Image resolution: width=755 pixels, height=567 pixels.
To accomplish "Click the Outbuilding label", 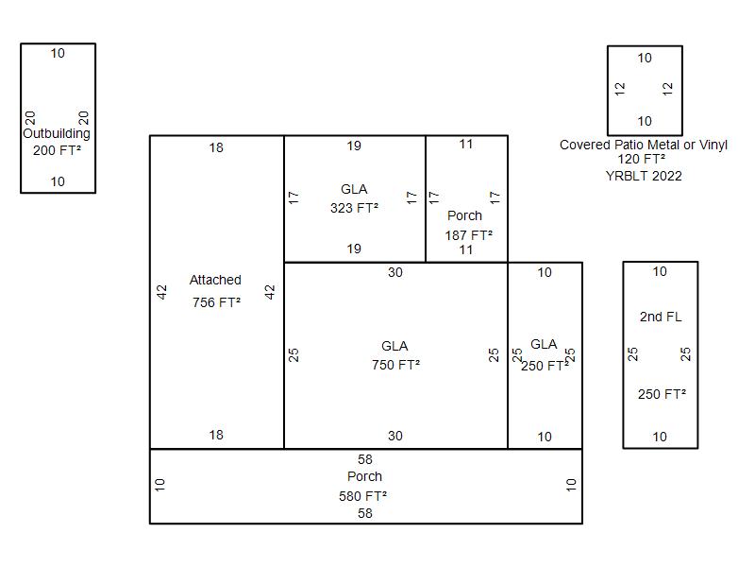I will click(57, 133).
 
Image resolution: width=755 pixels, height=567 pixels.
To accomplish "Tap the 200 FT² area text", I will click(57, 150).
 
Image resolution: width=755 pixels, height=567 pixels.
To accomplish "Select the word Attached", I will click(215, 280).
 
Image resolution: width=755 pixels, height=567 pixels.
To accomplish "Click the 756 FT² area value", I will click(216, 302).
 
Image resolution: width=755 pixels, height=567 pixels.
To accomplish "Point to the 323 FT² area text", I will click(354, 208).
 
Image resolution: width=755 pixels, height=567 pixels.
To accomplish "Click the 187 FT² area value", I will click(469, 235).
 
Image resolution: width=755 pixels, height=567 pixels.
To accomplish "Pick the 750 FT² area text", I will click(395, 364).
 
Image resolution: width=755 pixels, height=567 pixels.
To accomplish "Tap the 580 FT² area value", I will click(363, 495).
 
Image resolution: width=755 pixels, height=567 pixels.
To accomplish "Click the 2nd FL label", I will click(660, 317).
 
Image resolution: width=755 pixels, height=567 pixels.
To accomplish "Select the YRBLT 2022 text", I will click(644, 176).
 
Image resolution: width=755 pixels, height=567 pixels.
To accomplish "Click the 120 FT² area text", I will click(644, 160).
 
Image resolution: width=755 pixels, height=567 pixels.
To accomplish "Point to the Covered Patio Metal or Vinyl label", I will click(644, 145).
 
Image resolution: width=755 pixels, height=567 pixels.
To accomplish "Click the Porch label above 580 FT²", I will click(364, 476).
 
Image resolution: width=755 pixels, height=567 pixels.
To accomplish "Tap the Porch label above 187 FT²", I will click(464, 215).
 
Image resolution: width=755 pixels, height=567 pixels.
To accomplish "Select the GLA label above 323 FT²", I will click(354, 189).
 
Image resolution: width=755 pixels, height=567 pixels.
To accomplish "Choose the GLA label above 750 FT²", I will click(394, 346).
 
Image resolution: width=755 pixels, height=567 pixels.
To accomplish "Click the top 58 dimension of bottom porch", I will click(364, 459).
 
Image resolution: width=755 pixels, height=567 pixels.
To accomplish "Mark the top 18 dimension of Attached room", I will click(216, 147).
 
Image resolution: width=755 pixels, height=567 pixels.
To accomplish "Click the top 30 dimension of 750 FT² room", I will click(394, 272).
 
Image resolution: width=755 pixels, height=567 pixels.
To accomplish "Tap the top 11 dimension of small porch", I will click(466, 145).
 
